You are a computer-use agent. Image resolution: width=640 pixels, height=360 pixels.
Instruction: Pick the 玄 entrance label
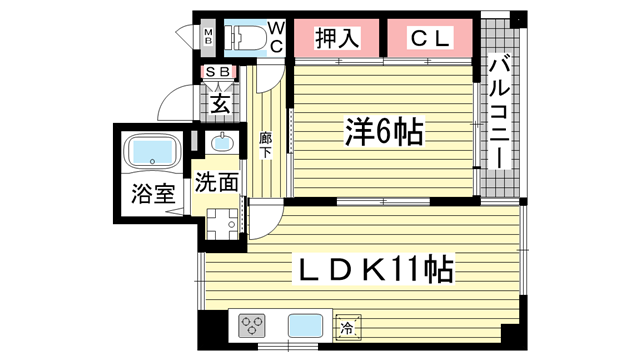tap(219, 102)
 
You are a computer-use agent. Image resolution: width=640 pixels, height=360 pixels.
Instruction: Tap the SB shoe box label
tap(217, 73)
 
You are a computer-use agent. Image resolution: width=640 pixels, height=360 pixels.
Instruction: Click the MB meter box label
tap(208, 38)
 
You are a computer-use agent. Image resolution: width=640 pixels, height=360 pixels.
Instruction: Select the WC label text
tap(276, 37)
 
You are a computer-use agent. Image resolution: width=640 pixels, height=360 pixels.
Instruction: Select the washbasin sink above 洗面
tap(221, 143)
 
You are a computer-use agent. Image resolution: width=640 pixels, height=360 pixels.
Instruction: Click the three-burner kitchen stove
tap(253, 326)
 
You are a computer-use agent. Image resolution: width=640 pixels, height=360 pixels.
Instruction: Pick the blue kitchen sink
tap(303, 326)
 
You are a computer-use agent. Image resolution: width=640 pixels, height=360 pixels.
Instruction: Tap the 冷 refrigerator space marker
tap(348, 326)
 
